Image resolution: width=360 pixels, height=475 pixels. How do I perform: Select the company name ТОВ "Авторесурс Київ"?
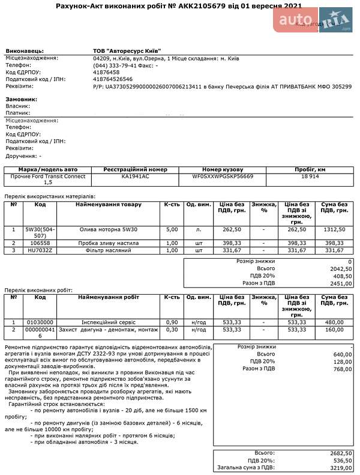127,50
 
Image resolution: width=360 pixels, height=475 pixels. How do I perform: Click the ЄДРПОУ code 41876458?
107,72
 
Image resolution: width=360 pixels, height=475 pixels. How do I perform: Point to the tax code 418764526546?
113,79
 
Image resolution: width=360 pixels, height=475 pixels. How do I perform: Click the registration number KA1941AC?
136,177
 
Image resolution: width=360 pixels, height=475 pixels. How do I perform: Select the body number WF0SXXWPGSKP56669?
223,177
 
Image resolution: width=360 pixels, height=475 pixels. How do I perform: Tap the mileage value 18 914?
310,177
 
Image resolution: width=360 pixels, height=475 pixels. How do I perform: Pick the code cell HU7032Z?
40,250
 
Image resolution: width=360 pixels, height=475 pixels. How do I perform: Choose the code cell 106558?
40,243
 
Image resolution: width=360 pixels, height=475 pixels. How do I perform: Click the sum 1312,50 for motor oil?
334,229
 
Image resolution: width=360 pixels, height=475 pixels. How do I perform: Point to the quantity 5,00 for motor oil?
172,229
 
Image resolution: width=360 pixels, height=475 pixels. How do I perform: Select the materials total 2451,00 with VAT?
341,283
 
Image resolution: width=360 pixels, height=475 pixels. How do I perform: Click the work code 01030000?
40,322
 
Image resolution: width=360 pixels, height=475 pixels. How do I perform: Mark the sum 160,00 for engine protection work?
334,329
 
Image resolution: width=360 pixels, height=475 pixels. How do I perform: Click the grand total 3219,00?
341,467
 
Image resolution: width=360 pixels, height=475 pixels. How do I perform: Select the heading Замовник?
22,99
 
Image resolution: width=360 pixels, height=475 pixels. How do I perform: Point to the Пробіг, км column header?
310,169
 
